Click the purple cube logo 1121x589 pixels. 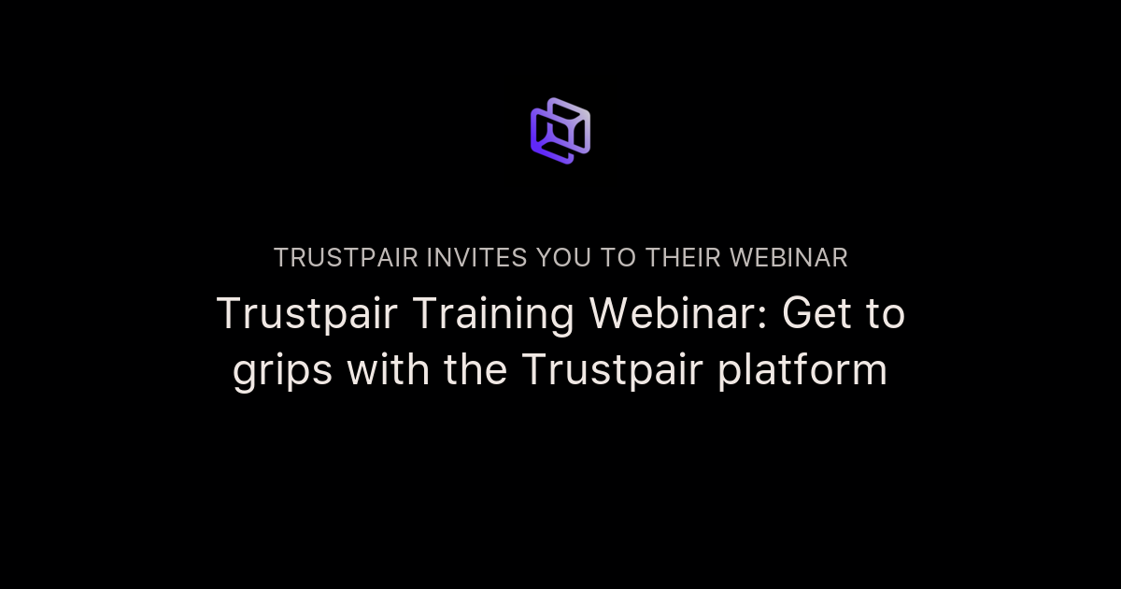[560, 131]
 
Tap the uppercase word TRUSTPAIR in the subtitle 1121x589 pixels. [346, 258]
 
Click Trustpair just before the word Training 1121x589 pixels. [300, 314]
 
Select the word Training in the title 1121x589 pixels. [486, 316]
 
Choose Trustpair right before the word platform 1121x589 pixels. [612, 370]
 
